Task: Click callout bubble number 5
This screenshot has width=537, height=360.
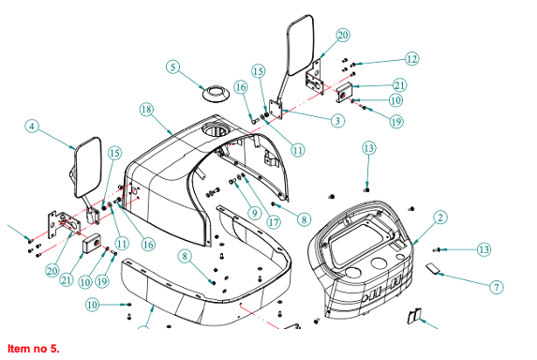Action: tap(173, 67)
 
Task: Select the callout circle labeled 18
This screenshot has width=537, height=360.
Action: tap(146, 110)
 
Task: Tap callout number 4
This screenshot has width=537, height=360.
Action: tap(32, 126)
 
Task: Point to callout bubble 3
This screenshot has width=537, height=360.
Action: tap(337, 121)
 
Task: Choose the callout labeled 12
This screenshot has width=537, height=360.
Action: tap(412, 58)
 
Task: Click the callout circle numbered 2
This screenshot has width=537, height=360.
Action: tap(440, 217)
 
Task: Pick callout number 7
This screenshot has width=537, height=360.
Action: tap(497, 287)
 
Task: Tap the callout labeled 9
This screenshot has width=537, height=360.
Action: tap(255, 213)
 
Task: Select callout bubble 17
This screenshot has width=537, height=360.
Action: tap(274, 222)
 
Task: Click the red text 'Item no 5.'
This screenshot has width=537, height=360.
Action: tap(34, 349)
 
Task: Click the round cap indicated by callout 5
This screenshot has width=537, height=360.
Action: tap(216, 93)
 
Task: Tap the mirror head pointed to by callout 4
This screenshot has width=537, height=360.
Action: tap(88, 167)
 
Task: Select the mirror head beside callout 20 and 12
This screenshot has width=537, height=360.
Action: tap(300, 45)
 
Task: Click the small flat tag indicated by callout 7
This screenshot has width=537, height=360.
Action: tap(433, 268)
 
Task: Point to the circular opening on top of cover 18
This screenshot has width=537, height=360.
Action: tap(214, 130)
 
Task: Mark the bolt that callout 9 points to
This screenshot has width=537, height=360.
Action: tap(232, 182)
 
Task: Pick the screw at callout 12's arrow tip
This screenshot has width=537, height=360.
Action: tap(353, 65)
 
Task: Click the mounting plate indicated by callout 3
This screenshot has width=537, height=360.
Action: tap(276, 110)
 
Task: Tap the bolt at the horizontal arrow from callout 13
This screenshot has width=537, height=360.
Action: tap(436, 250)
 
